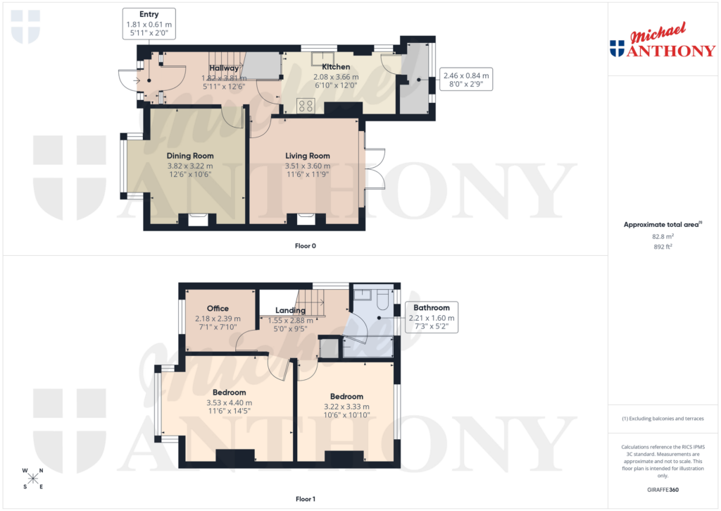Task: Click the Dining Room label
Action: click(190, 156)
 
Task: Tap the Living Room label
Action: click(308, 156)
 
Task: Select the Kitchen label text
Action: click(336, 67)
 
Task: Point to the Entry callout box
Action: click(149, 23)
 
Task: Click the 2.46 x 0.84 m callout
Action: click(465, 80)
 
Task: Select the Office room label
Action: click(218, 309)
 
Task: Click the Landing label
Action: click(290, 310)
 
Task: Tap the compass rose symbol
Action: click(32, 479)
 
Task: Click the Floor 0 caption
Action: click(306, 246)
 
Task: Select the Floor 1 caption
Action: click(306, 499)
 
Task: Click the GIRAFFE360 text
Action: click(663, 489)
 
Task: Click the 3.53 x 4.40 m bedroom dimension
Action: click(230, 403)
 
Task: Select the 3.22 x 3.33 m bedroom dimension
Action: click(346, 407)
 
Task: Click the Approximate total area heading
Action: click(660, 224)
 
